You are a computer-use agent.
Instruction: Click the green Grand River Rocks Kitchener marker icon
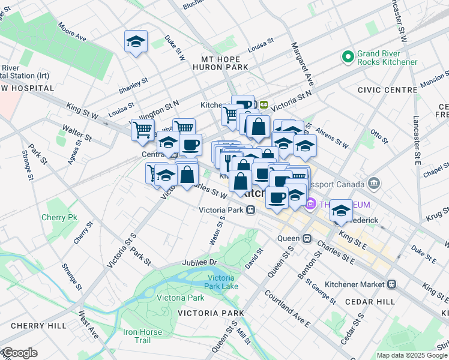tap(347, 57)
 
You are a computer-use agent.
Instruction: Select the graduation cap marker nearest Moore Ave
tap(136, 42)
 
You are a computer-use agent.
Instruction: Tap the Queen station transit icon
tap(307, 238)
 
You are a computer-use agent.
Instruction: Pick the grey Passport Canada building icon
tap(374, 182)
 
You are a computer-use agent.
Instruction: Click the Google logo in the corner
tap(20, 353)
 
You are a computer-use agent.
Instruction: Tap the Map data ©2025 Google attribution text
tap(412, 355)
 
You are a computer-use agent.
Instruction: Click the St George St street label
tap(321, 289)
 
